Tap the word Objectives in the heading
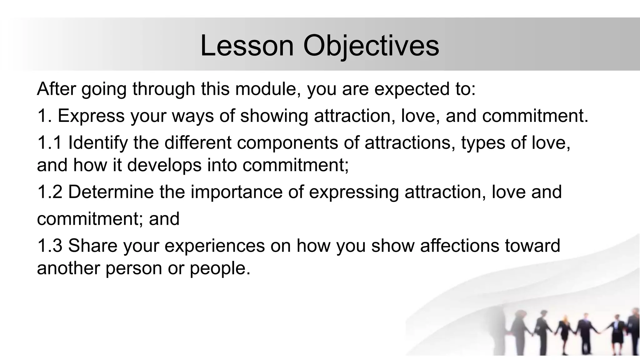click(x=371, y=46)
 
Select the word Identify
click(x=98, y=143)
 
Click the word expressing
click(x=354, y=192)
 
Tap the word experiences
click(x=214, y=246)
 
